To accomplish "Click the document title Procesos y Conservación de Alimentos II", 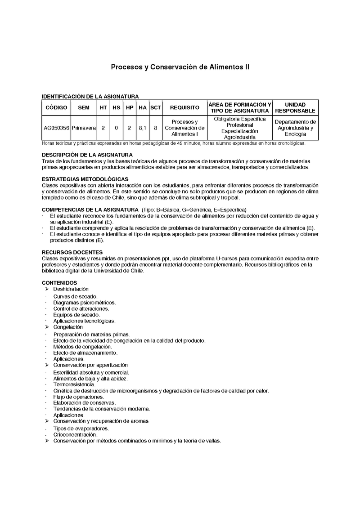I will pos(180,67).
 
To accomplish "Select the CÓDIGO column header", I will pos(56,107).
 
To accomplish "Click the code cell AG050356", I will pos(56,128).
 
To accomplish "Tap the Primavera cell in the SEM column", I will pos(84,128).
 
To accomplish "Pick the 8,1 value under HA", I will pos(142,128).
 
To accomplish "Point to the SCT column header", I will pos(155,107).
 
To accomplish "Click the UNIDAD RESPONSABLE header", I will pos(295,107).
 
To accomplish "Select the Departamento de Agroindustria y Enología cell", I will pos(295,128).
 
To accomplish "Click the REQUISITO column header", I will pos(184,107).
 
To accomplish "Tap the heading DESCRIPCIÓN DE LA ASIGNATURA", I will pos(87,155).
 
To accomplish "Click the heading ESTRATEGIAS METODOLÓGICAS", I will pos(85,179).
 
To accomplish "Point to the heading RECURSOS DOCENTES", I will pos(72,252).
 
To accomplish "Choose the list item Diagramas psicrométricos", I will pos(84,303).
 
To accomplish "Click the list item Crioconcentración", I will pos(75,435).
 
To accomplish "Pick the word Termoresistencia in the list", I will pos(74,384).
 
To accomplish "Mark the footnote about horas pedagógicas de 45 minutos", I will pos(173,143).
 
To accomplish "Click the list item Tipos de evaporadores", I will pos(81,429).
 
